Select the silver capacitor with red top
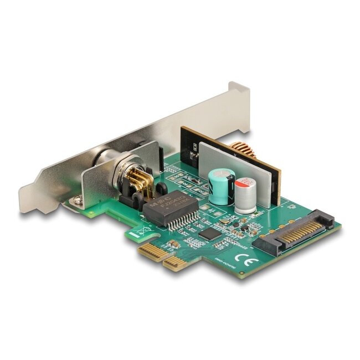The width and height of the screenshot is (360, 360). point(245,195)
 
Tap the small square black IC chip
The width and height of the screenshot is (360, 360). point(209,234)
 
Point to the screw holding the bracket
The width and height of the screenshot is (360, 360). point(78,202)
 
